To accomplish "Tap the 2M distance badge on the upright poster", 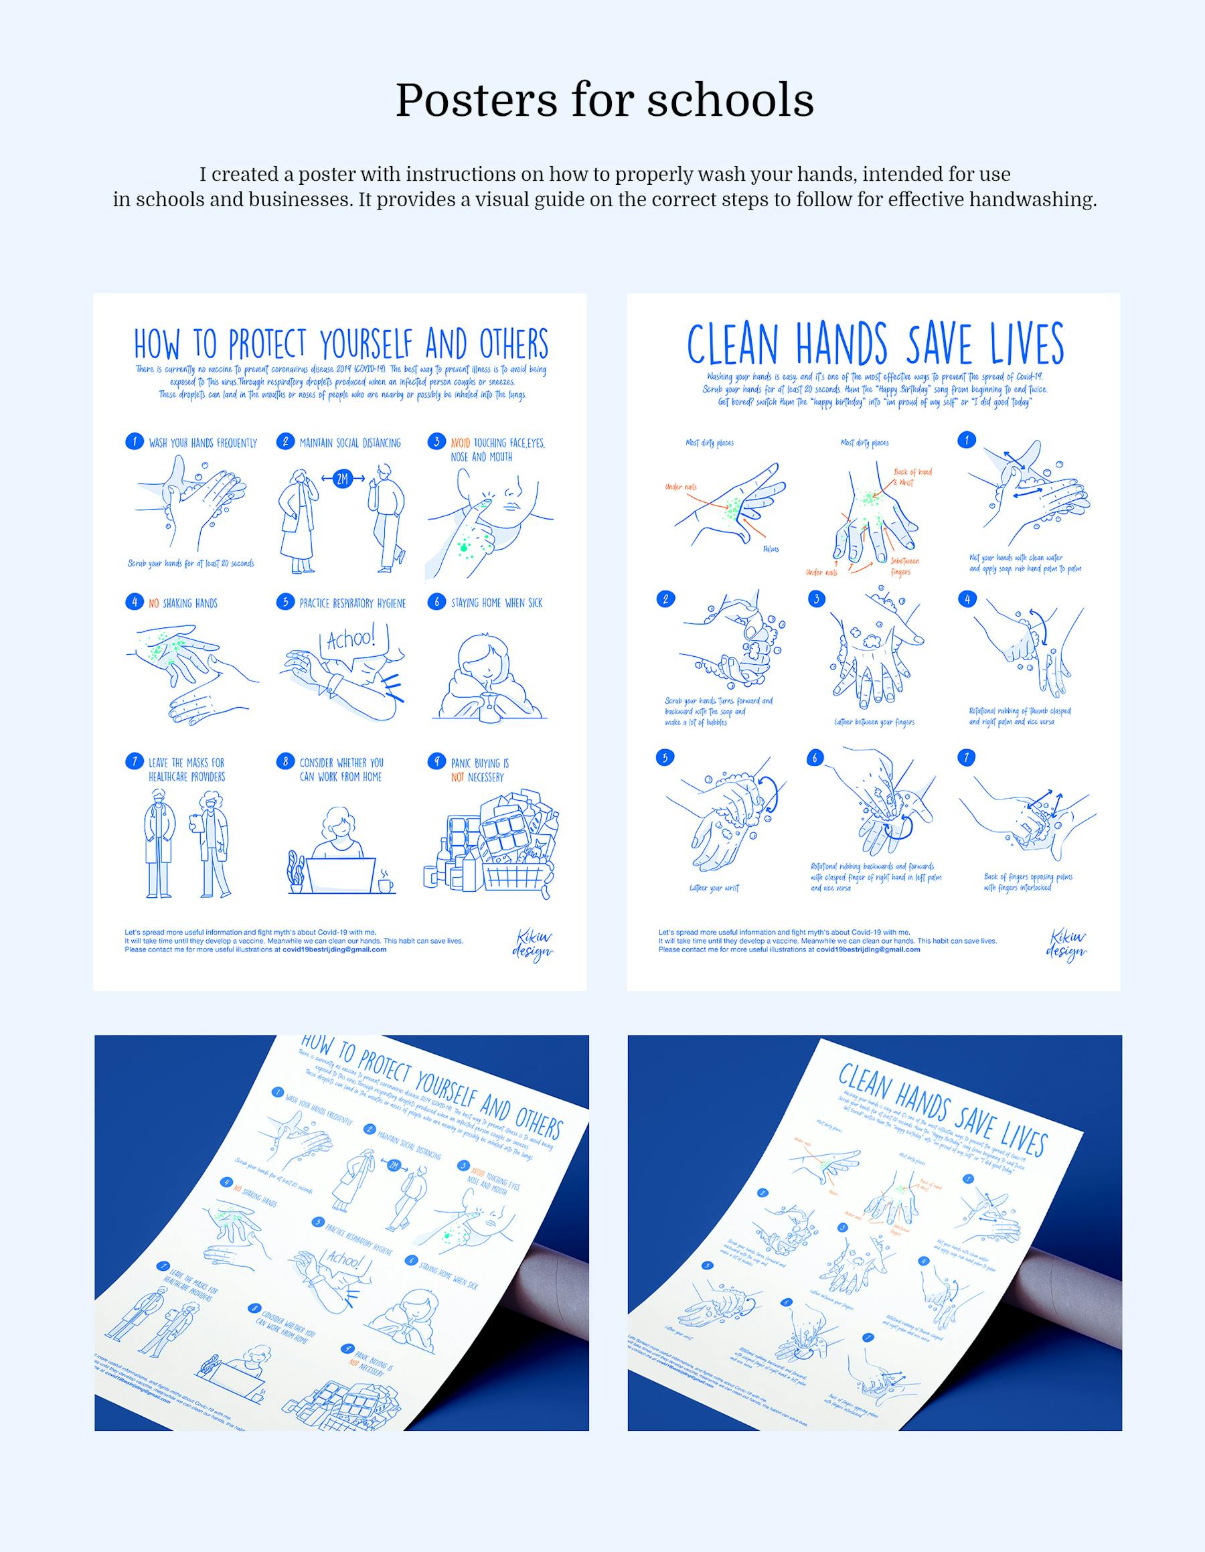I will point(343,479).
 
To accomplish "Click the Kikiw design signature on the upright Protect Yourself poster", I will point(532,945).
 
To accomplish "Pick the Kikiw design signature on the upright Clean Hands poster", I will point(1066,945).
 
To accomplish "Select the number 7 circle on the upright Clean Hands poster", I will point(965,757).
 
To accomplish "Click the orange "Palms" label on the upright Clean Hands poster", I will point(771,549).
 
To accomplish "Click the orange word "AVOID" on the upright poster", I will point(461,443).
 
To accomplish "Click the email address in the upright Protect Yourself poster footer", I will point(334,949).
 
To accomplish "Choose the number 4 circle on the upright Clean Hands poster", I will point(967,599).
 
